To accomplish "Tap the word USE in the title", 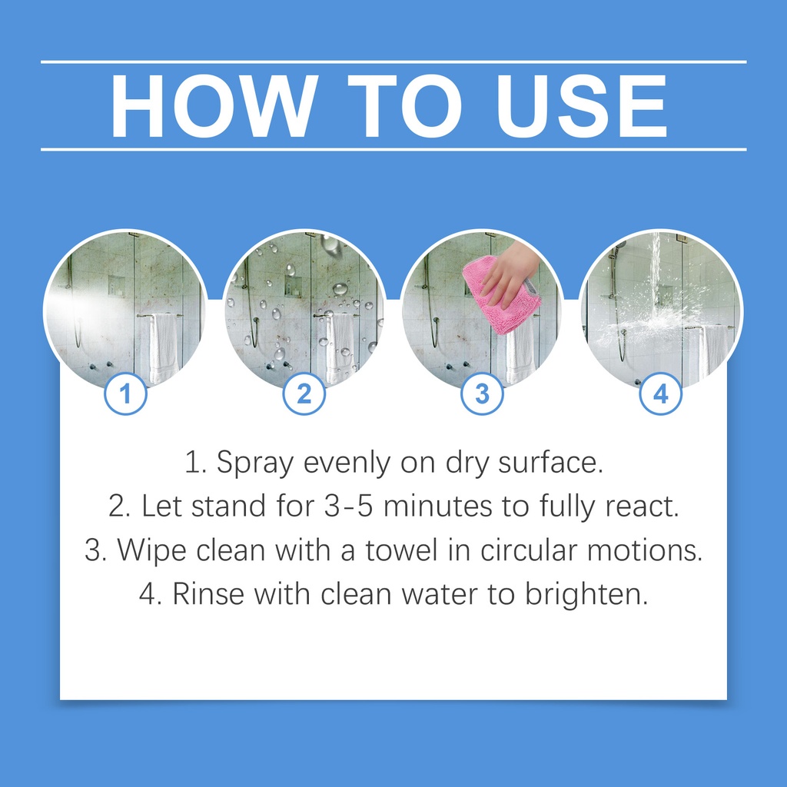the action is coord(582,106).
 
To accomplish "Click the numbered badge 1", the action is coord(125,393).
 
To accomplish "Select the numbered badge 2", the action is coord(304,393).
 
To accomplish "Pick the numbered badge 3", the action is coord(482,393).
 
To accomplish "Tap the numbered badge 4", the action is coord(660,393).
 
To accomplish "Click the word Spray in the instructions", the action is coord(255,463).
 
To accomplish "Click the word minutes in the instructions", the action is coord(437,506).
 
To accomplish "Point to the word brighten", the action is coord(586,595).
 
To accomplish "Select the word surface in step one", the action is coord(550,462).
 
